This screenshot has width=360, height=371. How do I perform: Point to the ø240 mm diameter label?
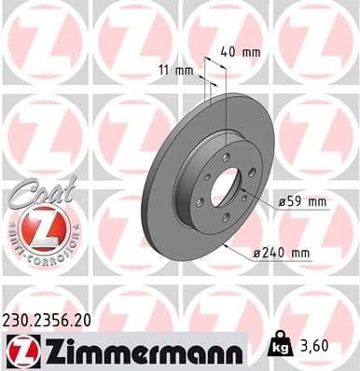click(x=288, y=253)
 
